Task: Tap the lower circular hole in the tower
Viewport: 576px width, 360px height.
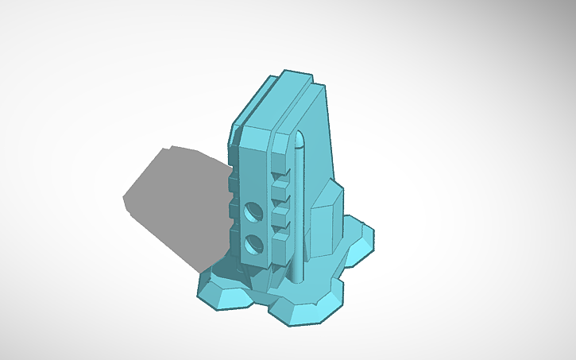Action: click(255, 244)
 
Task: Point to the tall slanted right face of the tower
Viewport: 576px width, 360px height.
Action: click(318, 143)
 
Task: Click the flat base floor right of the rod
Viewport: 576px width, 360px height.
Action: click(322, 274)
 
